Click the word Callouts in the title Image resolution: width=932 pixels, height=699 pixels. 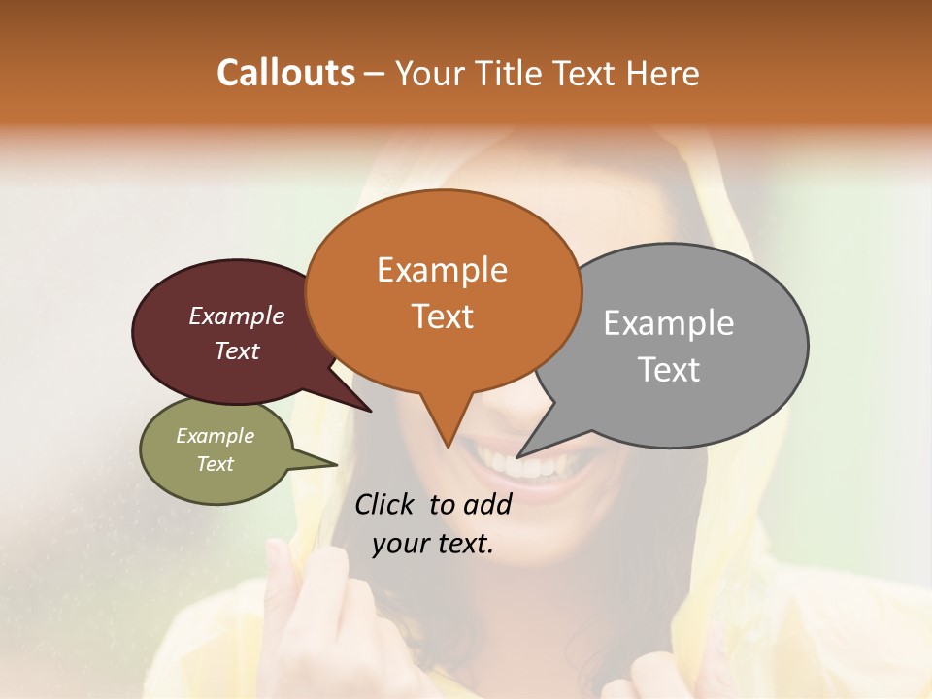pyautogui.click(x=285, y=73)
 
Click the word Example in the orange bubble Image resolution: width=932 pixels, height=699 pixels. pyautogui.click(x=442, y=270)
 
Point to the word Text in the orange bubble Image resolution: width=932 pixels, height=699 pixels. pyautogui.click(x=443, y=316)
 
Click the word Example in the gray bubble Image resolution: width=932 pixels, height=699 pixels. pyautogui.click(x=669, y=323)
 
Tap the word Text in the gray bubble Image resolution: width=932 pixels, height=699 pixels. pyautogui.click(x=669, y=370)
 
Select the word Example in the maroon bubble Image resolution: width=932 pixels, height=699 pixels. pyautogui.click(x=236, y=316)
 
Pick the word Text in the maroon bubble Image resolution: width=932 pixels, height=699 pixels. pyautogui.click(x=236, y=350)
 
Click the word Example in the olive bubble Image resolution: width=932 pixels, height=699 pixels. pyautogui.click(x=215, y=436)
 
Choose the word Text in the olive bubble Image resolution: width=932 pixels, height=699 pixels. pyautogui.click(x=215, y=464)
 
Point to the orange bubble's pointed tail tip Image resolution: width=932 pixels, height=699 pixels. pyautogui.click(x=448, y=447)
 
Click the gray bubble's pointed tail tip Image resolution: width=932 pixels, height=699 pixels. pyautogui.click(x=517, y=456)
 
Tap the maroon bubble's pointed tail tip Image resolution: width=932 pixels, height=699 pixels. pyautogui.click(x=370, y=411)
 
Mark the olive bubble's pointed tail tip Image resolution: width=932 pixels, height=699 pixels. pyautogui.click(x=336, y=464)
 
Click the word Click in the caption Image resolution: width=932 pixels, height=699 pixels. pyautogui.click(x=385, y=504)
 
